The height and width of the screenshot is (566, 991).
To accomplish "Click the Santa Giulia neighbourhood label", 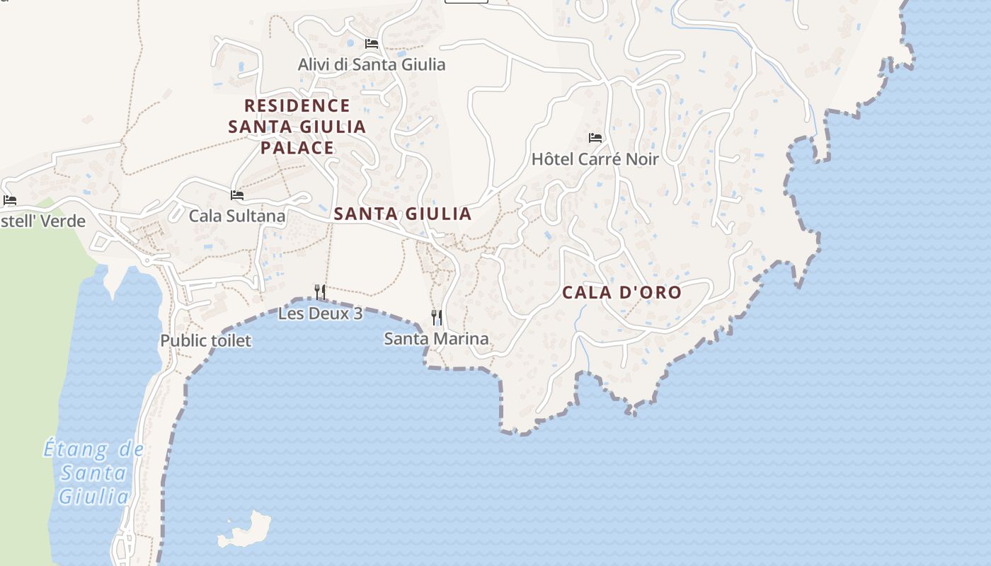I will coord(402,214).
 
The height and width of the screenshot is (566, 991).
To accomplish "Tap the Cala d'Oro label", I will coord(621,292).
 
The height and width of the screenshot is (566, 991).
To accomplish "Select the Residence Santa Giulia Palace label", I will coord(297,127).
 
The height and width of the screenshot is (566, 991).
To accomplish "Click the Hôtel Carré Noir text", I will coord(595,159).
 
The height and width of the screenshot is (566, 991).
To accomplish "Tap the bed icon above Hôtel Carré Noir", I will coord(595,138).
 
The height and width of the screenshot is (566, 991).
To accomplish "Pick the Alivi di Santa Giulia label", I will coord(372,64).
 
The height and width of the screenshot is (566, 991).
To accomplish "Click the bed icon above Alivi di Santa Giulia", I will coord(372,44).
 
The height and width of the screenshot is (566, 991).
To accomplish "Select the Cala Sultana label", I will coord(237,216).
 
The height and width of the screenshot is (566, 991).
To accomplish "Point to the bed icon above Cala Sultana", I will coord(237,195).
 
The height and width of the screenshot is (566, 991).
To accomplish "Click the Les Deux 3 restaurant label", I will coord(320,313).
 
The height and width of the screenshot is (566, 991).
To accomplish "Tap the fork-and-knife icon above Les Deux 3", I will coord(320,290).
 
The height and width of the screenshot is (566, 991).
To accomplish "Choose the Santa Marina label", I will coord(436,339).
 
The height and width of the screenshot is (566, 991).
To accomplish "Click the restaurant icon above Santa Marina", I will coord(437,317).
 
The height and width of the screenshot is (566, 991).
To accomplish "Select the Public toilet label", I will coord(205,340).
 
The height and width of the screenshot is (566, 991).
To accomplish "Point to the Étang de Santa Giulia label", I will coord(93,473).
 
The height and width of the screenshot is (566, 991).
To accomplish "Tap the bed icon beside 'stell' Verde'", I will coord(9,200).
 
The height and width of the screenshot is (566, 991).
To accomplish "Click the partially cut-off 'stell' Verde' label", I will coord(42,221).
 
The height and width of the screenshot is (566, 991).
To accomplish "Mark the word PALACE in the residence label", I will coord(297,148).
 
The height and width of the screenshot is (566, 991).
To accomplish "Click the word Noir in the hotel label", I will coord(638,159).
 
